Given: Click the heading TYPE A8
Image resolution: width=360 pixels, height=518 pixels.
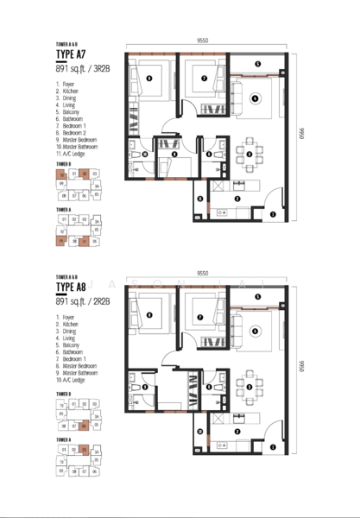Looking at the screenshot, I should pos(71,288).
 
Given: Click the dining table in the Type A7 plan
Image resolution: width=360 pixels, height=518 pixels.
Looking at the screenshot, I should pos(249,154).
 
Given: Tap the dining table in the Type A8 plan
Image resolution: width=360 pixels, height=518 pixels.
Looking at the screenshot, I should pos(249,386).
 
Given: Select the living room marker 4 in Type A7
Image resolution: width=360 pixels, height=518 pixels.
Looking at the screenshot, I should pos(254,99).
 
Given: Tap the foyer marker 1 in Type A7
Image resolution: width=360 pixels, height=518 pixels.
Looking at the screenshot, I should pos(273,214).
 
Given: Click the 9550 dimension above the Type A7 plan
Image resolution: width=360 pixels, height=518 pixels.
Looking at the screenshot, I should pos(201,40).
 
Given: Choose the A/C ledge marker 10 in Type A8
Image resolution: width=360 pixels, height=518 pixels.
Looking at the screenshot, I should pos(200,431).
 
